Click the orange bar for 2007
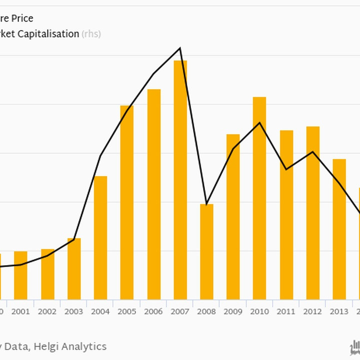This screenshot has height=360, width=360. click(x=180, y=180)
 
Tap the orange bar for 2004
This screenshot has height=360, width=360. click(x=100, y=237)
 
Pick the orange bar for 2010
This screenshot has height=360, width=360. click(x=259, y=198)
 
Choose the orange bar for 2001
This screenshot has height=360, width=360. click(x=20, y=275)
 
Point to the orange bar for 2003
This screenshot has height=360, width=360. click(x=74, y=268)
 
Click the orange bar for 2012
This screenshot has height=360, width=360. click(x=313, y=212)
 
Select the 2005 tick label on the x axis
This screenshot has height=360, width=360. click(x=127, y=312)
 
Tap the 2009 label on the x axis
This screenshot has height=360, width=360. click(x=233, y=312)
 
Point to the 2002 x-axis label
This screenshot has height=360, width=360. click(x=47, y=312)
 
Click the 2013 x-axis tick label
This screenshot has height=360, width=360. click(x=339, y=312)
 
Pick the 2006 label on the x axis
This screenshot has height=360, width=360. click(x=153, y=312)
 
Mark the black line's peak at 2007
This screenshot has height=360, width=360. click(x=180, y=48)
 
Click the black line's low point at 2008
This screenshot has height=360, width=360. click(x=206, y=204)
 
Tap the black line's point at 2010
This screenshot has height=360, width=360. click(x=259, y=122)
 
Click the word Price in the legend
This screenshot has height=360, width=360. click(x=22, y=18)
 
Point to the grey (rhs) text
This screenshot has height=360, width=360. click(x=91, y=34)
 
